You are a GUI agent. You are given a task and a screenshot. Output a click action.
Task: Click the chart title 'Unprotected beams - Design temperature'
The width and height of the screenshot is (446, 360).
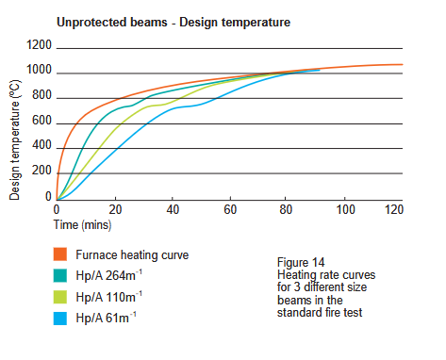pyautogui.click(x=173, y=23)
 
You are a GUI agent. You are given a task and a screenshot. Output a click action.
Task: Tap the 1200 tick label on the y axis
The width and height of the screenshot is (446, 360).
pyautogui.click(x=39, y=45)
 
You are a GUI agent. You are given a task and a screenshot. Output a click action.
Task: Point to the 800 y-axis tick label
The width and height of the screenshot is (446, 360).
pyautogui.click(x=41, y=95)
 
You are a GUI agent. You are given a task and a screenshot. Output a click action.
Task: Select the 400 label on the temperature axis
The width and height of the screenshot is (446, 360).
pyautogui.click(x=41, y=145)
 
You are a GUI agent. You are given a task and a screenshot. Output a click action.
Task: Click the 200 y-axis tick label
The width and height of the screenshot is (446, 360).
pyautogui.click(x=41, y=171)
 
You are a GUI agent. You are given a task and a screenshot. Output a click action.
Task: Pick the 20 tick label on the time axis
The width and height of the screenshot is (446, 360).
pyautogui.click(x=115, y=209)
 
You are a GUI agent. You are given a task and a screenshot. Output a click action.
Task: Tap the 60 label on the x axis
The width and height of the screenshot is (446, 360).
pyautogui.click(x=230, y=209)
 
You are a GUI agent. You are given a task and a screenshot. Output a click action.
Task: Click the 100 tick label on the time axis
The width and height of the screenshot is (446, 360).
pyautogui.click(x=345, y=209)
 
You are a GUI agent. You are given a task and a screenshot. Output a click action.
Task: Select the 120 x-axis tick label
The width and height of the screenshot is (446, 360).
pyautogui.click(x=394, y=209)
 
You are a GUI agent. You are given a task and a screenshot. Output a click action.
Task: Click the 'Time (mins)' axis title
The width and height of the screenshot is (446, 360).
pyautogui.click(x=82, y=225)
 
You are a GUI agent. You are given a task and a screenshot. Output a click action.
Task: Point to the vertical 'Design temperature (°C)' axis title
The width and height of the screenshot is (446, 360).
pyautogui.click(x=14, y=140)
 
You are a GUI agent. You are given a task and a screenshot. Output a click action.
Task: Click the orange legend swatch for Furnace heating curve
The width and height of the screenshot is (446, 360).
pyautogui.click(x=60, y=254)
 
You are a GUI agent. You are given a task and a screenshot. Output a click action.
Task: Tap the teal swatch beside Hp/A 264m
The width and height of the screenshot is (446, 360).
pyautogui.click(x=60, y=275)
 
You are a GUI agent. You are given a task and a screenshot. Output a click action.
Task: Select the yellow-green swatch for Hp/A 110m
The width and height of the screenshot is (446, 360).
pyautogui.click(x=60, y=297)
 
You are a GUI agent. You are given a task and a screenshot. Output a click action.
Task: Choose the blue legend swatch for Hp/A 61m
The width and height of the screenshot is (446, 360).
pyautogui.click(x=60, y=319)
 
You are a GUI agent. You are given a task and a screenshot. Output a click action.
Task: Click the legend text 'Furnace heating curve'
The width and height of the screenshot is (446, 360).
pyautogui.click(x=132, y=254)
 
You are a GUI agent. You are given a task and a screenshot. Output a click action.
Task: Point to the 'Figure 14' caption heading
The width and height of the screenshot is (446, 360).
pyautogui.click(x=301, y=262)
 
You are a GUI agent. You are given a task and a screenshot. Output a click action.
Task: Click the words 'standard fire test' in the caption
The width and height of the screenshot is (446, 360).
pyautogui.click(x=320, y=313)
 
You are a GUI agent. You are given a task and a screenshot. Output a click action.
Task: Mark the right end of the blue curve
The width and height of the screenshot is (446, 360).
pyautogui.click(x=320, y=70)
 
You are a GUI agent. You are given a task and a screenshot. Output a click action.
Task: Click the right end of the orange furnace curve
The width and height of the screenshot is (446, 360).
pyautogui.click(x=403, y=64)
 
